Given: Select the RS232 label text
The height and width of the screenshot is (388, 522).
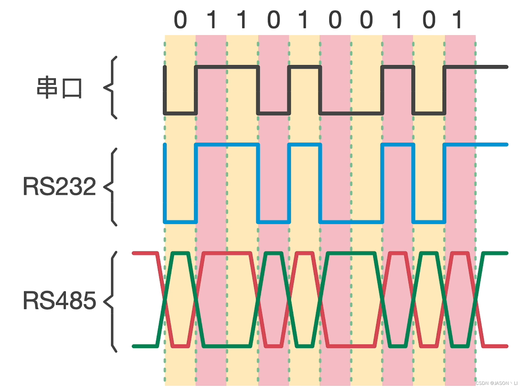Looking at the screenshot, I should (59, 186).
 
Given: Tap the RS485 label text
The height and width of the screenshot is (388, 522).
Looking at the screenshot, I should (59, 301).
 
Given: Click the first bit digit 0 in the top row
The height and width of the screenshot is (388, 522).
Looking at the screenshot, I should (180, 20).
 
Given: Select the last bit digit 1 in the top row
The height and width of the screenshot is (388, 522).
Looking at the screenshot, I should (457, 20).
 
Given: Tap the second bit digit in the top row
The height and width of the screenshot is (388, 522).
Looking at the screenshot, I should (212, 20).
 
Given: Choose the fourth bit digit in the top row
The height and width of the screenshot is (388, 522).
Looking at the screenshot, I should (274, 20).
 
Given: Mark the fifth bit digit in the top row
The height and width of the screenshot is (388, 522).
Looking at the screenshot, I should (303, 20).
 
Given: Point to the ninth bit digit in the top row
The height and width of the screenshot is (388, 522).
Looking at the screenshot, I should (429, 20).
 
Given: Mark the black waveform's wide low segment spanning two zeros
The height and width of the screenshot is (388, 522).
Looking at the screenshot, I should (351, 113).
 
